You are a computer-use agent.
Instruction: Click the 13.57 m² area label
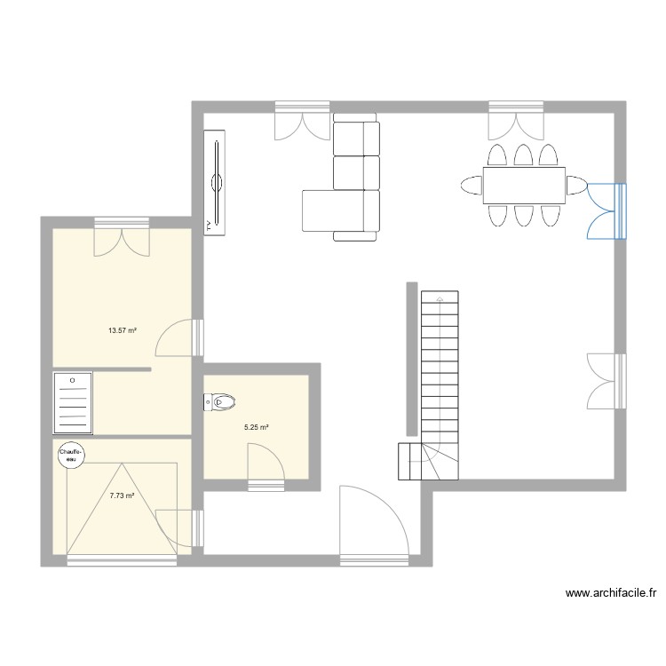click(x=123, y=330)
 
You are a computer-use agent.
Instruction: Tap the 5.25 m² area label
click(x=257, y=427)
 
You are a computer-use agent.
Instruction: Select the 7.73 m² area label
click(x=123, y=496)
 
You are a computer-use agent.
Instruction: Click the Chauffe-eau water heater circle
click(x=69, y=455)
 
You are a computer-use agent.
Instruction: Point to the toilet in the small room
click(x=219, y=402)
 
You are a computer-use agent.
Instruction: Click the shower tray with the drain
click(x=73, y=402)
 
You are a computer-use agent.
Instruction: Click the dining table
click(x=524, y=186)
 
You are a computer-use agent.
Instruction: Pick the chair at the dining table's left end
click(x=472, y=186)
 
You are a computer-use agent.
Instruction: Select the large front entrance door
click(x=373, y=524)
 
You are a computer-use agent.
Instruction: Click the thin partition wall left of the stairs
click(x=411, y=359)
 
